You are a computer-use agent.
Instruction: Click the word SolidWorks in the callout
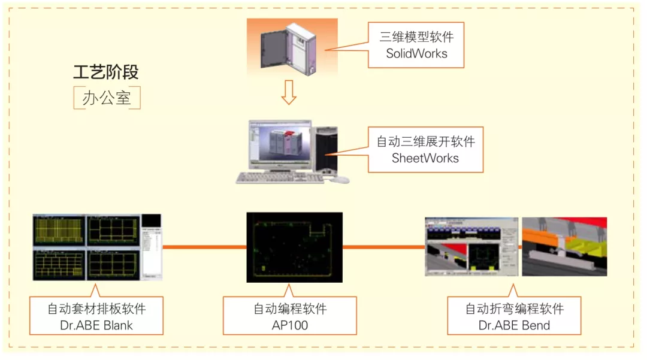pyautogui.click(x=416, y=53)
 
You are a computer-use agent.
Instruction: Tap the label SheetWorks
pyautogui.click(x=425, y=158)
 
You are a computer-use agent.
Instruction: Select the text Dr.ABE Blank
pyautogui.click(x=96, y=325)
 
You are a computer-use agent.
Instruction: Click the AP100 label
pyautogui.click(x=289, y=325)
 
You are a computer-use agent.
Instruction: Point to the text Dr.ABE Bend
pyautogui.click(x=514, y=325)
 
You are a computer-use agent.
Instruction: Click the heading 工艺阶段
pyautogui.click(x=106, y=72)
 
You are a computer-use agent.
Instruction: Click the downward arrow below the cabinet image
pyautogui.click(x=289, y=92)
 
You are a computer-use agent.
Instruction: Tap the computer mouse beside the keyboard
pyautogui.click(x=340, y=179)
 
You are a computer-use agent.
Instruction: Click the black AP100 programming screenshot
pyautogui.click(x=294, y=247)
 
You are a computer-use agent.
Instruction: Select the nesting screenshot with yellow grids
pyautogui.click(x=87, y=247)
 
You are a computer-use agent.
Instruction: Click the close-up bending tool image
pyautogui.click(x=564, y=246)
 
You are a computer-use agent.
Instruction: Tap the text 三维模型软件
pyautogui.click(x=416, y=37)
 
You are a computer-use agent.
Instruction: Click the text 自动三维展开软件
pyautogui.click(x=425, y=142)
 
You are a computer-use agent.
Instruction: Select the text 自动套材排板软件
pyautogui.click(x=96, y=309)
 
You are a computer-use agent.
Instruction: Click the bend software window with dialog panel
pyautogui.click(x=471, y=246)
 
